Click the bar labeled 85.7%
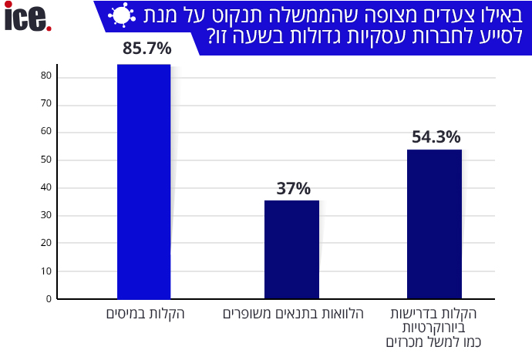pos(143,181)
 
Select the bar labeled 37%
pos(291,250)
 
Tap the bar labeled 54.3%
pos(434,224)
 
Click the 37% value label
pos(293,189)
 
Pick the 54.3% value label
pos(436,137)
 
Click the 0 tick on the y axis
pos(48,299)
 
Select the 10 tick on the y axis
pos(46,271)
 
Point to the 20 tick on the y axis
pos(46,244)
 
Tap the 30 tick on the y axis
pos(46,216)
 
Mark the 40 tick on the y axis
pos(46,188)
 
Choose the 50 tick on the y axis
pos(46,160)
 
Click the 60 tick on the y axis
pos(46,132)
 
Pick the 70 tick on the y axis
pos(46,104)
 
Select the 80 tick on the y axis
pos(46,76)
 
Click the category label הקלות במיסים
pos(145,314)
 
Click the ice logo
pos(28,18)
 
